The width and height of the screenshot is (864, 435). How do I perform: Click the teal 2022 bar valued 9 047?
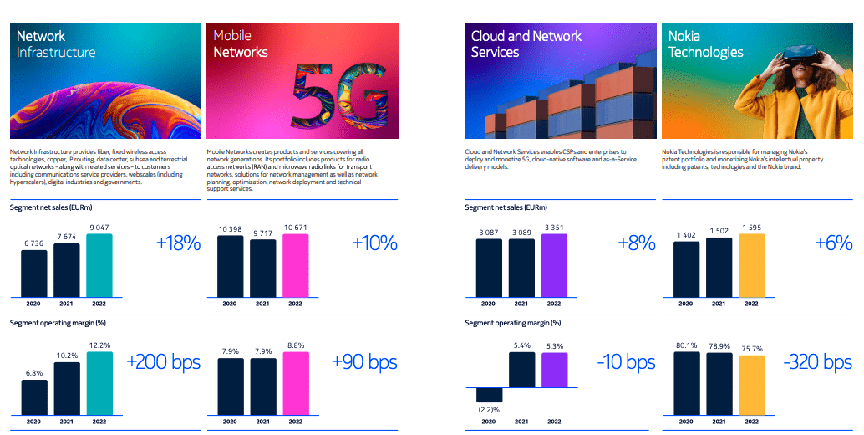pyautogui.click(x=100, y=265)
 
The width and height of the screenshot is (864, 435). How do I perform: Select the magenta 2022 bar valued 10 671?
pyautogui.click(x=295, y=265)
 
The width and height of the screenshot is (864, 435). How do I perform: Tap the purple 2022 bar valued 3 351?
pyautogui.click(x=554, y=265)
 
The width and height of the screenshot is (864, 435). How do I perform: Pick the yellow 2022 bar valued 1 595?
pyautogui.click(x=751, y=265)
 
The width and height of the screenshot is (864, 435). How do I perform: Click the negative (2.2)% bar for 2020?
pyautogui.click(x=489, y=395)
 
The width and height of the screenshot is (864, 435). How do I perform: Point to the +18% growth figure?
pyautogui.click(x=178, y=243)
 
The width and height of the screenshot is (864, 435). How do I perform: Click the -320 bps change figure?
pyautogui.click(x=817, y=362)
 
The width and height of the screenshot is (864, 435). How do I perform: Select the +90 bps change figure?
pyautogui.click(x=363, y=362)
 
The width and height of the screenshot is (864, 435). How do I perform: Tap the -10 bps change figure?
pyautogui.click(x=626, y=362)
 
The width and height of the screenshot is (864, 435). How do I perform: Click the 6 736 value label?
pyautogui.click(x=34, y=243)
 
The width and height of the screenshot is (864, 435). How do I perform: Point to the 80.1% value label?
pyautogui.click(x=686, y=345)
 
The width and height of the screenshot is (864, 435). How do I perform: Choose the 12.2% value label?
pyautogui.click(x=100, y=345)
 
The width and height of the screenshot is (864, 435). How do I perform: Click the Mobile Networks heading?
pyautogui.click(x=241, y=43)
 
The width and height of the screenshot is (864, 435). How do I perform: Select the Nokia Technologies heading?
pyautogui.click(x=705, y=43)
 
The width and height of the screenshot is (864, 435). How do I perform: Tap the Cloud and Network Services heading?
pyautogui.click(x=526, y=43)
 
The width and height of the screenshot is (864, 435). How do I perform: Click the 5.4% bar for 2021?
pyautogui.click(x=521, y=371)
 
